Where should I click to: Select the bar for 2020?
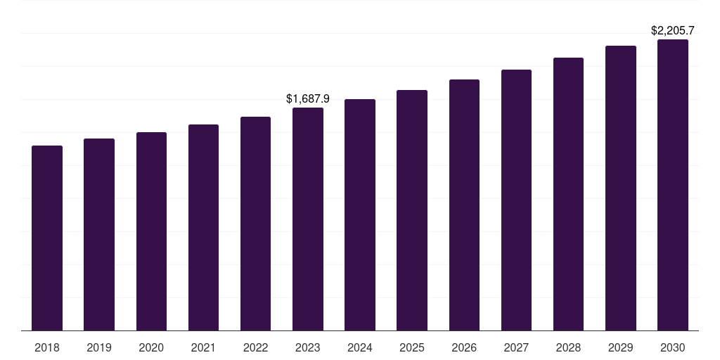point(151,231)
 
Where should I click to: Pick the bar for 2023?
point(308,219)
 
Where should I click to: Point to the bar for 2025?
point(412,210)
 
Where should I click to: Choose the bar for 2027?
point(516,200)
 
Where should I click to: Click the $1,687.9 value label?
point(308,99)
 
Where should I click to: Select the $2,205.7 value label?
point(672,31)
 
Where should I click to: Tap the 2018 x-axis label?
point(47,347)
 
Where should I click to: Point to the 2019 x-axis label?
point(99,347)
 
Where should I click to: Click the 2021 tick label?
point(203,347)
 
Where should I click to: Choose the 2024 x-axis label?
point(360,347)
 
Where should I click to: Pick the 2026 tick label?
point(464,347)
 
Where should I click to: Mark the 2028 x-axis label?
point(568,347)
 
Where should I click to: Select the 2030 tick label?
point(672,347)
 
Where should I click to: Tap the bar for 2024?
point(360,214)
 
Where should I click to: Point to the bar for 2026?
point(464,205)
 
